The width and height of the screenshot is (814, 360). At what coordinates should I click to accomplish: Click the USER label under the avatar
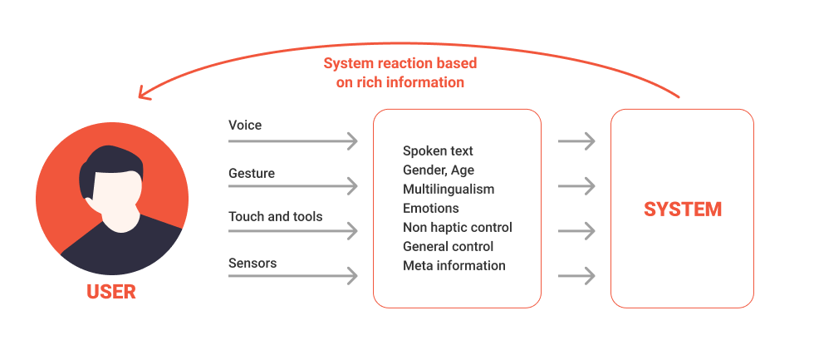click(111, 292)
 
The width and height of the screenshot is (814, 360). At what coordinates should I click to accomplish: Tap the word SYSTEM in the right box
click(683, 209)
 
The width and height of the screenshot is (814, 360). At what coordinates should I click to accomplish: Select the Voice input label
click(245, 125)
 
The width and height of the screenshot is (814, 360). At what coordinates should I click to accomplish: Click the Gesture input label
click(252, 173)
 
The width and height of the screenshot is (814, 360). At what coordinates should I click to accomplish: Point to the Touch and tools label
click(276, 216)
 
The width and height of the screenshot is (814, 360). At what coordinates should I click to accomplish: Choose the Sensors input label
click(253, 263)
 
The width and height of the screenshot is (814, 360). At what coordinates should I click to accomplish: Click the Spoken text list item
click(438, 150)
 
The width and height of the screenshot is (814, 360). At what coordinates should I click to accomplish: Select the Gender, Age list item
click(439, 170)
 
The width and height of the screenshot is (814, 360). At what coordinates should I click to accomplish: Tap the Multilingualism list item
click(449, 189)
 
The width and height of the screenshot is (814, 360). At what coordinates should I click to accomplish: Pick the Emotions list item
click(431, 208)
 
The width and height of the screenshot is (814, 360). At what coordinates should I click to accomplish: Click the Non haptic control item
click(458, 227)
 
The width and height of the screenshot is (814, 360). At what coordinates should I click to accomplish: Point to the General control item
click(449, 246)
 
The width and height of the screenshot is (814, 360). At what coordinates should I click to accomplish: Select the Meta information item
click(454, 265)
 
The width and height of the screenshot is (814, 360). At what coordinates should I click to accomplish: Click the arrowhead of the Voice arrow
click(352, 141)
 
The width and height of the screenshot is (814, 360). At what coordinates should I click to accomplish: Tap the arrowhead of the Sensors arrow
click(352, 275)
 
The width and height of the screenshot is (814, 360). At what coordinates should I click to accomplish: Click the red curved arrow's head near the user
click(144, 92)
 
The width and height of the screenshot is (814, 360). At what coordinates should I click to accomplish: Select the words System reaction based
click(400, 64)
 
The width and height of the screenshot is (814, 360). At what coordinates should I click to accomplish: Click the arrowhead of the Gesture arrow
click(352, 185)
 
